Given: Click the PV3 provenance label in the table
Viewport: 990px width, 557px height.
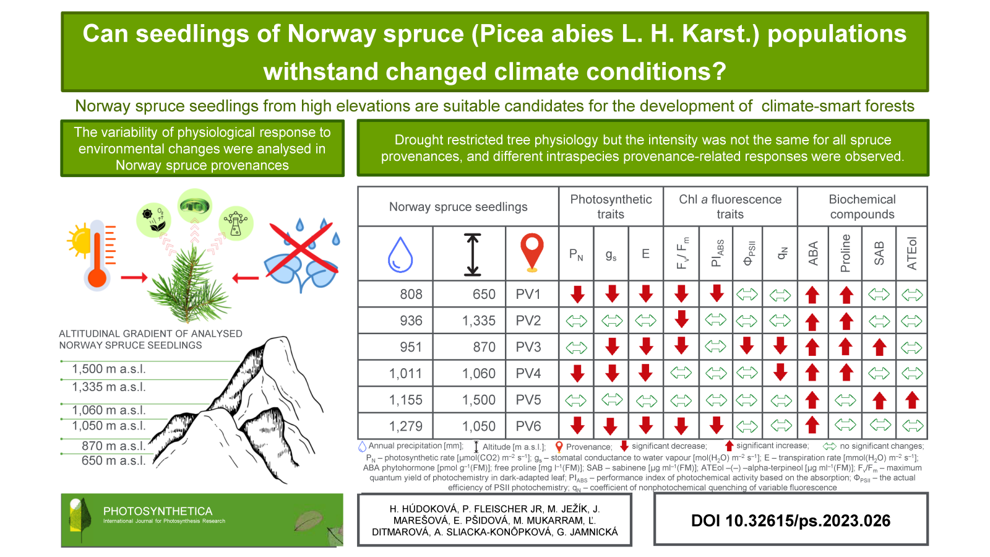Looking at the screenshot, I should [x=528, y=347].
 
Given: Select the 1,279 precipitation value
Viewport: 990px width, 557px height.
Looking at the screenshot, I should [x=406, y=426].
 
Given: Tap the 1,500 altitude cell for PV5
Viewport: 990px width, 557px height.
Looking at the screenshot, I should [x=479, y=400].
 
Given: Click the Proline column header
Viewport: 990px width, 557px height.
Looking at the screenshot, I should [x=846, y=253].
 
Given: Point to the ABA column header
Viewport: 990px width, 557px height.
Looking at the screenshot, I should [x=813, y=253].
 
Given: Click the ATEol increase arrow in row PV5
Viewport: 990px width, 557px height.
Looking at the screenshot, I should [x=911, y=400].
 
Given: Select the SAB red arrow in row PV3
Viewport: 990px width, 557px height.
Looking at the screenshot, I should [x=879, y=347].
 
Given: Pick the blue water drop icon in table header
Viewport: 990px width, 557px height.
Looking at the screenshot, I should [x=400, y=254].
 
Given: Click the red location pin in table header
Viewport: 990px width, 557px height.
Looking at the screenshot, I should [x=532, y=253].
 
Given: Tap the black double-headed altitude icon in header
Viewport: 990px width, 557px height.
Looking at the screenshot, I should [x=473, y=254].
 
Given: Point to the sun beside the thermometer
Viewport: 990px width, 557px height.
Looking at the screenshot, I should [x=80, y=241].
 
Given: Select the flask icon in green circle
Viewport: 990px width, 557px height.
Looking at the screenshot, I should [x=236, y=223].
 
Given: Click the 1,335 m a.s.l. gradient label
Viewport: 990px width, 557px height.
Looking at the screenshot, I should [x=109, y=387].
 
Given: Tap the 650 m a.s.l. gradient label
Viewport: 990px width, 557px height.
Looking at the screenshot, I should [x=114, y=460].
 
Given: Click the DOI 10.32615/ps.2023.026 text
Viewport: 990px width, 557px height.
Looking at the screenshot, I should [x=791, y=520].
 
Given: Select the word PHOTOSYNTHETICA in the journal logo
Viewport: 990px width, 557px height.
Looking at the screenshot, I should [x=158, y=511].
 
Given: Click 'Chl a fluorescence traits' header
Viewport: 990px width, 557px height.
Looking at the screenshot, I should [x=730, y=207].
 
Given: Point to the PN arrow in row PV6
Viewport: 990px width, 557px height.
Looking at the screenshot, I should [x=577, y=426].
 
